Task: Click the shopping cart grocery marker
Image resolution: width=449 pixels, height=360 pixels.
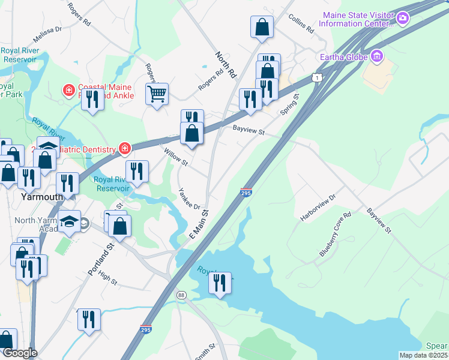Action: click(157, 94)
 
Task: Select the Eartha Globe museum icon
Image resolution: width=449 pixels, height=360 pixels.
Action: click(377, 56)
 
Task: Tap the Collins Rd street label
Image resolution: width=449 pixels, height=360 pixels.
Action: click(301, 24)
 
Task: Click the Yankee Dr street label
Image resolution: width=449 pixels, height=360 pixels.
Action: click(188, 199)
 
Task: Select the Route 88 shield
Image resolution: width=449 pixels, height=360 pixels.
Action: click(181, 295)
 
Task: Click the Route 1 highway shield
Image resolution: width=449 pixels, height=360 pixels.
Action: click(316, 77)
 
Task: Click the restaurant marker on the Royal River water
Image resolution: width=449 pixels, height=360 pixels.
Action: click(220, 283)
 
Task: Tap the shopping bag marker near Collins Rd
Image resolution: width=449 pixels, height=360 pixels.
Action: click(262, 27)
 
